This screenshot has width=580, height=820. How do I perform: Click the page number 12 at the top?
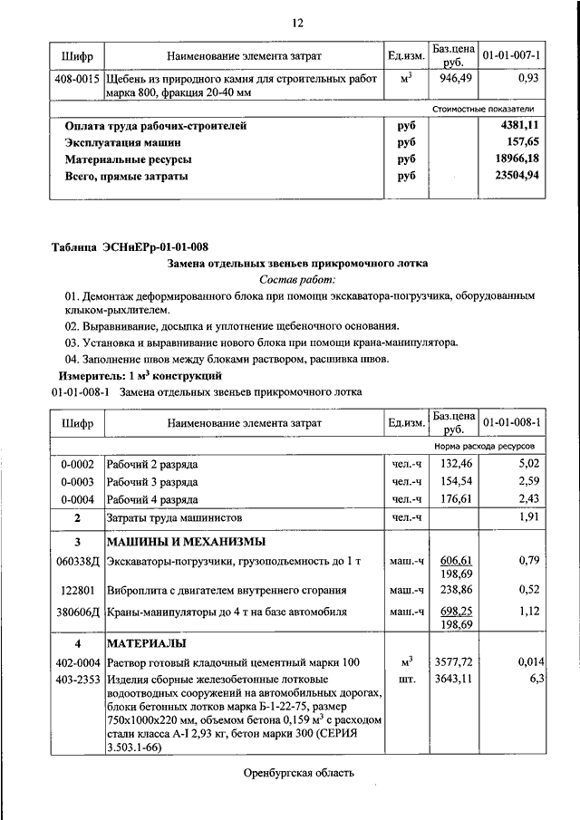296,22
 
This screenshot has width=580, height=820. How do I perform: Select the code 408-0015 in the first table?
77,79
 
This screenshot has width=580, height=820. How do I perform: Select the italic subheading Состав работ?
296,280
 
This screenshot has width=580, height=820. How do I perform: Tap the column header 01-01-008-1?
511,422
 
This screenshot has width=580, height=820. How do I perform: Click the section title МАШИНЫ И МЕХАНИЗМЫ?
186,542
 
